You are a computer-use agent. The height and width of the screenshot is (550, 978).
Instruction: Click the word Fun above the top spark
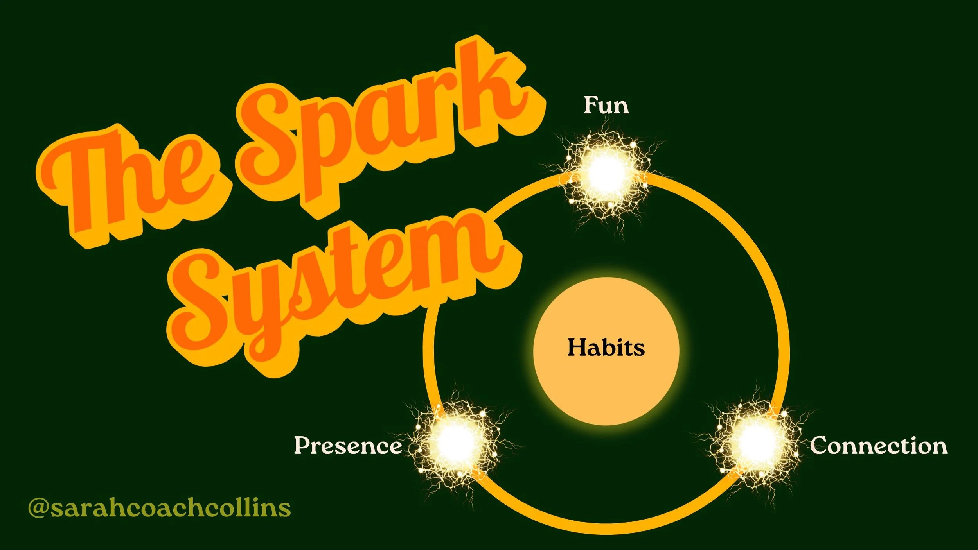coord(606,106)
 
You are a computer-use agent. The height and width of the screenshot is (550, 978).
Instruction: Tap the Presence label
coord(348,445)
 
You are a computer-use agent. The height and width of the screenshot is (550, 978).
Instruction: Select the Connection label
coord(879,446)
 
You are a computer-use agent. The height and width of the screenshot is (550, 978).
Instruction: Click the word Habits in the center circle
coord(606,347)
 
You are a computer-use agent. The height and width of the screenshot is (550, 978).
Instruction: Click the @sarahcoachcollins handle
coord(160,508)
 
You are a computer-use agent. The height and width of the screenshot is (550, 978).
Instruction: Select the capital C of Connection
coord(820,445)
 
